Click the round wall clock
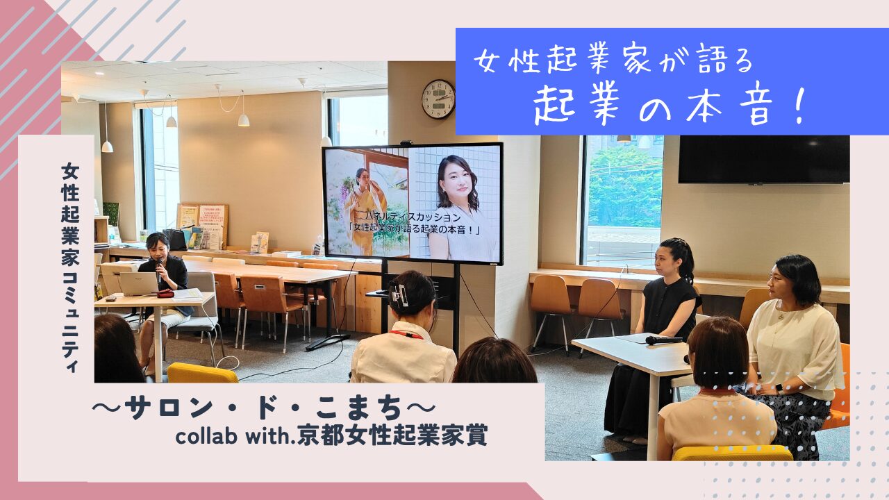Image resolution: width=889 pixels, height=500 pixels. (x=438, y=99)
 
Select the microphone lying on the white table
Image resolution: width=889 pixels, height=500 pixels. (x=663, y=340)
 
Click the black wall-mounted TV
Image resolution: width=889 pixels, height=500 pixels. (x=763, y=159)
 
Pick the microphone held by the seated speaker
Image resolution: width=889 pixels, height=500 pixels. (x=159, y=271)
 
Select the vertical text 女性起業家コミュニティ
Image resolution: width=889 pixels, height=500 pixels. (x=70, y=268)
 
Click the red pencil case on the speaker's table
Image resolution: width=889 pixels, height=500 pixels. (x=165, y=294)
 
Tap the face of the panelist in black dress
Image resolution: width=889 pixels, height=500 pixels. (x=667, y=260)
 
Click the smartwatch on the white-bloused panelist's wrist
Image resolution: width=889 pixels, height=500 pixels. (x=780, y=387)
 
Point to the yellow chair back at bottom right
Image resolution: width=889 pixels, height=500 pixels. (x=733, y=453)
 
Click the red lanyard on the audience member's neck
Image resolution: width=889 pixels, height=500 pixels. (x=406, y=335)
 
